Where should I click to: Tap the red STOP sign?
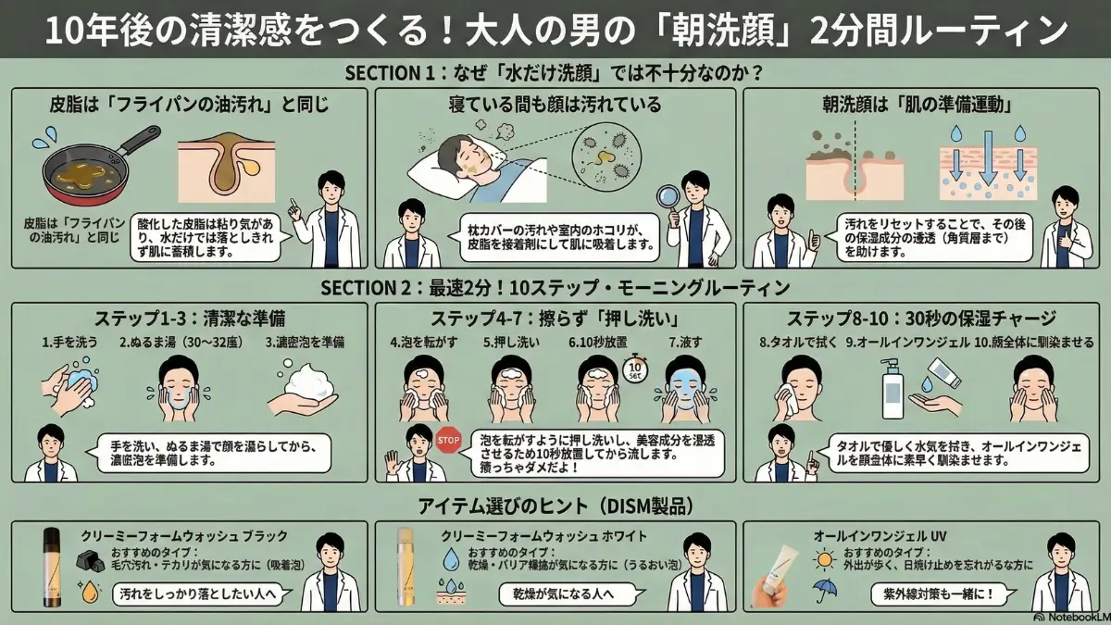(447, 439)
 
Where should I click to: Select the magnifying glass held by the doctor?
(667, 197)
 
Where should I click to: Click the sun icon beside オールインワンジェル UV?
(822, 559)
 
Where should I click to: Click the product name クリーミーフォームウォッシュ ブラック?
(184, 535)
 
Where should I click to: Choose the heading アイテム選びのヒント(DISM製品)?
(555, 506)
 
